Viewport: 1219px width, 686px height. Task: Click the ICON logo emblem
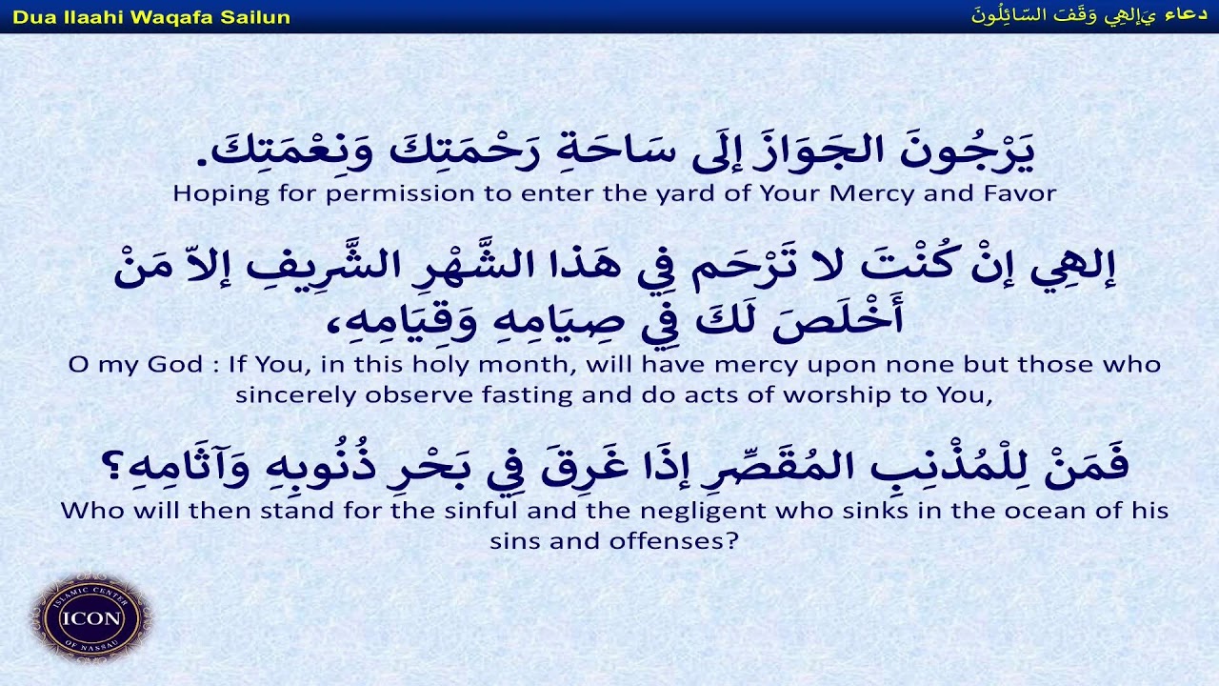click(91, 617)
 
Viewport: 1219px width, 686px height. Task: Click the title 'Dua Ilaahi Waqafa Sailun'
click(151, 17)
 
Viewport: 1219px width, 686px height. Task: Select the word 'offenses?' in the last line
click(677, 541)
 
